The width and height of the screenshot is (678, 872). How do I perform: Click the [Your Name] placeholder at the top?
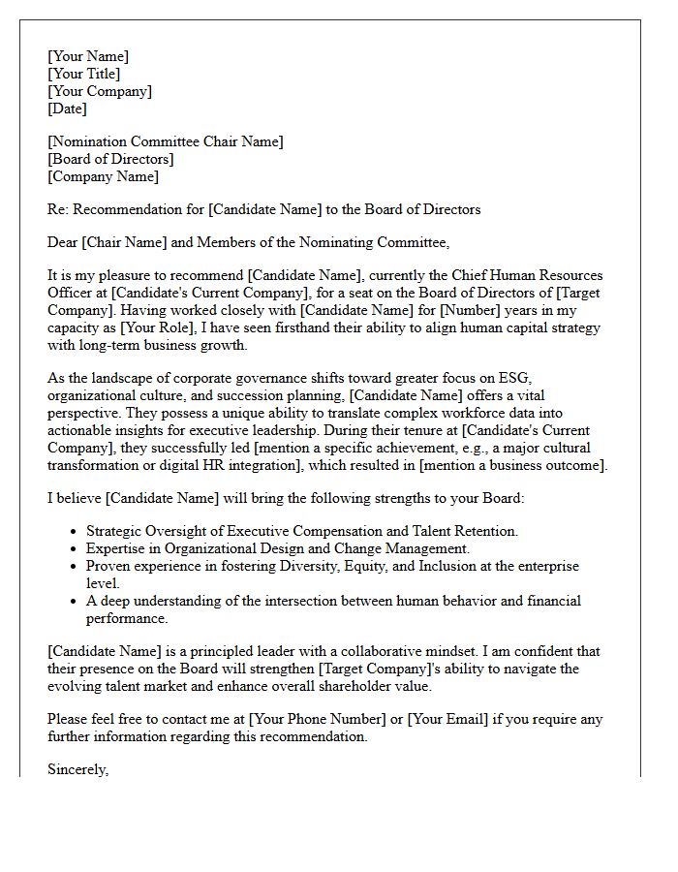click(88, 56)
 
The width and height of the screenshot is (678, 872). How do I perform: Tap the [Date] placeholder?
click(68, 109)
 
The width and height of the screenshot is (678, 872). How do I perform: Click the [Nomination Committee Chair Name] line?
click(166, 141)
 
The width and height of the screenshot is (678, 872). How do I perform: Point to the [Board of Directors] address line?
click(111, 159)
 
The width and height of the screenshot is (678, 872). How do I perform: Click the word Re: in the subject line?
click(59, 208)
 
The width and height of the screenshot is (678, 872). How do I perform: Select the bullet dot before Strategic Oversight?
click(75, 531)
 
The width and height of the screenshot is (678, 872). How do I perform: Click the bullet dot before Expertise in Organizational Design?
click(75, 548)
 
